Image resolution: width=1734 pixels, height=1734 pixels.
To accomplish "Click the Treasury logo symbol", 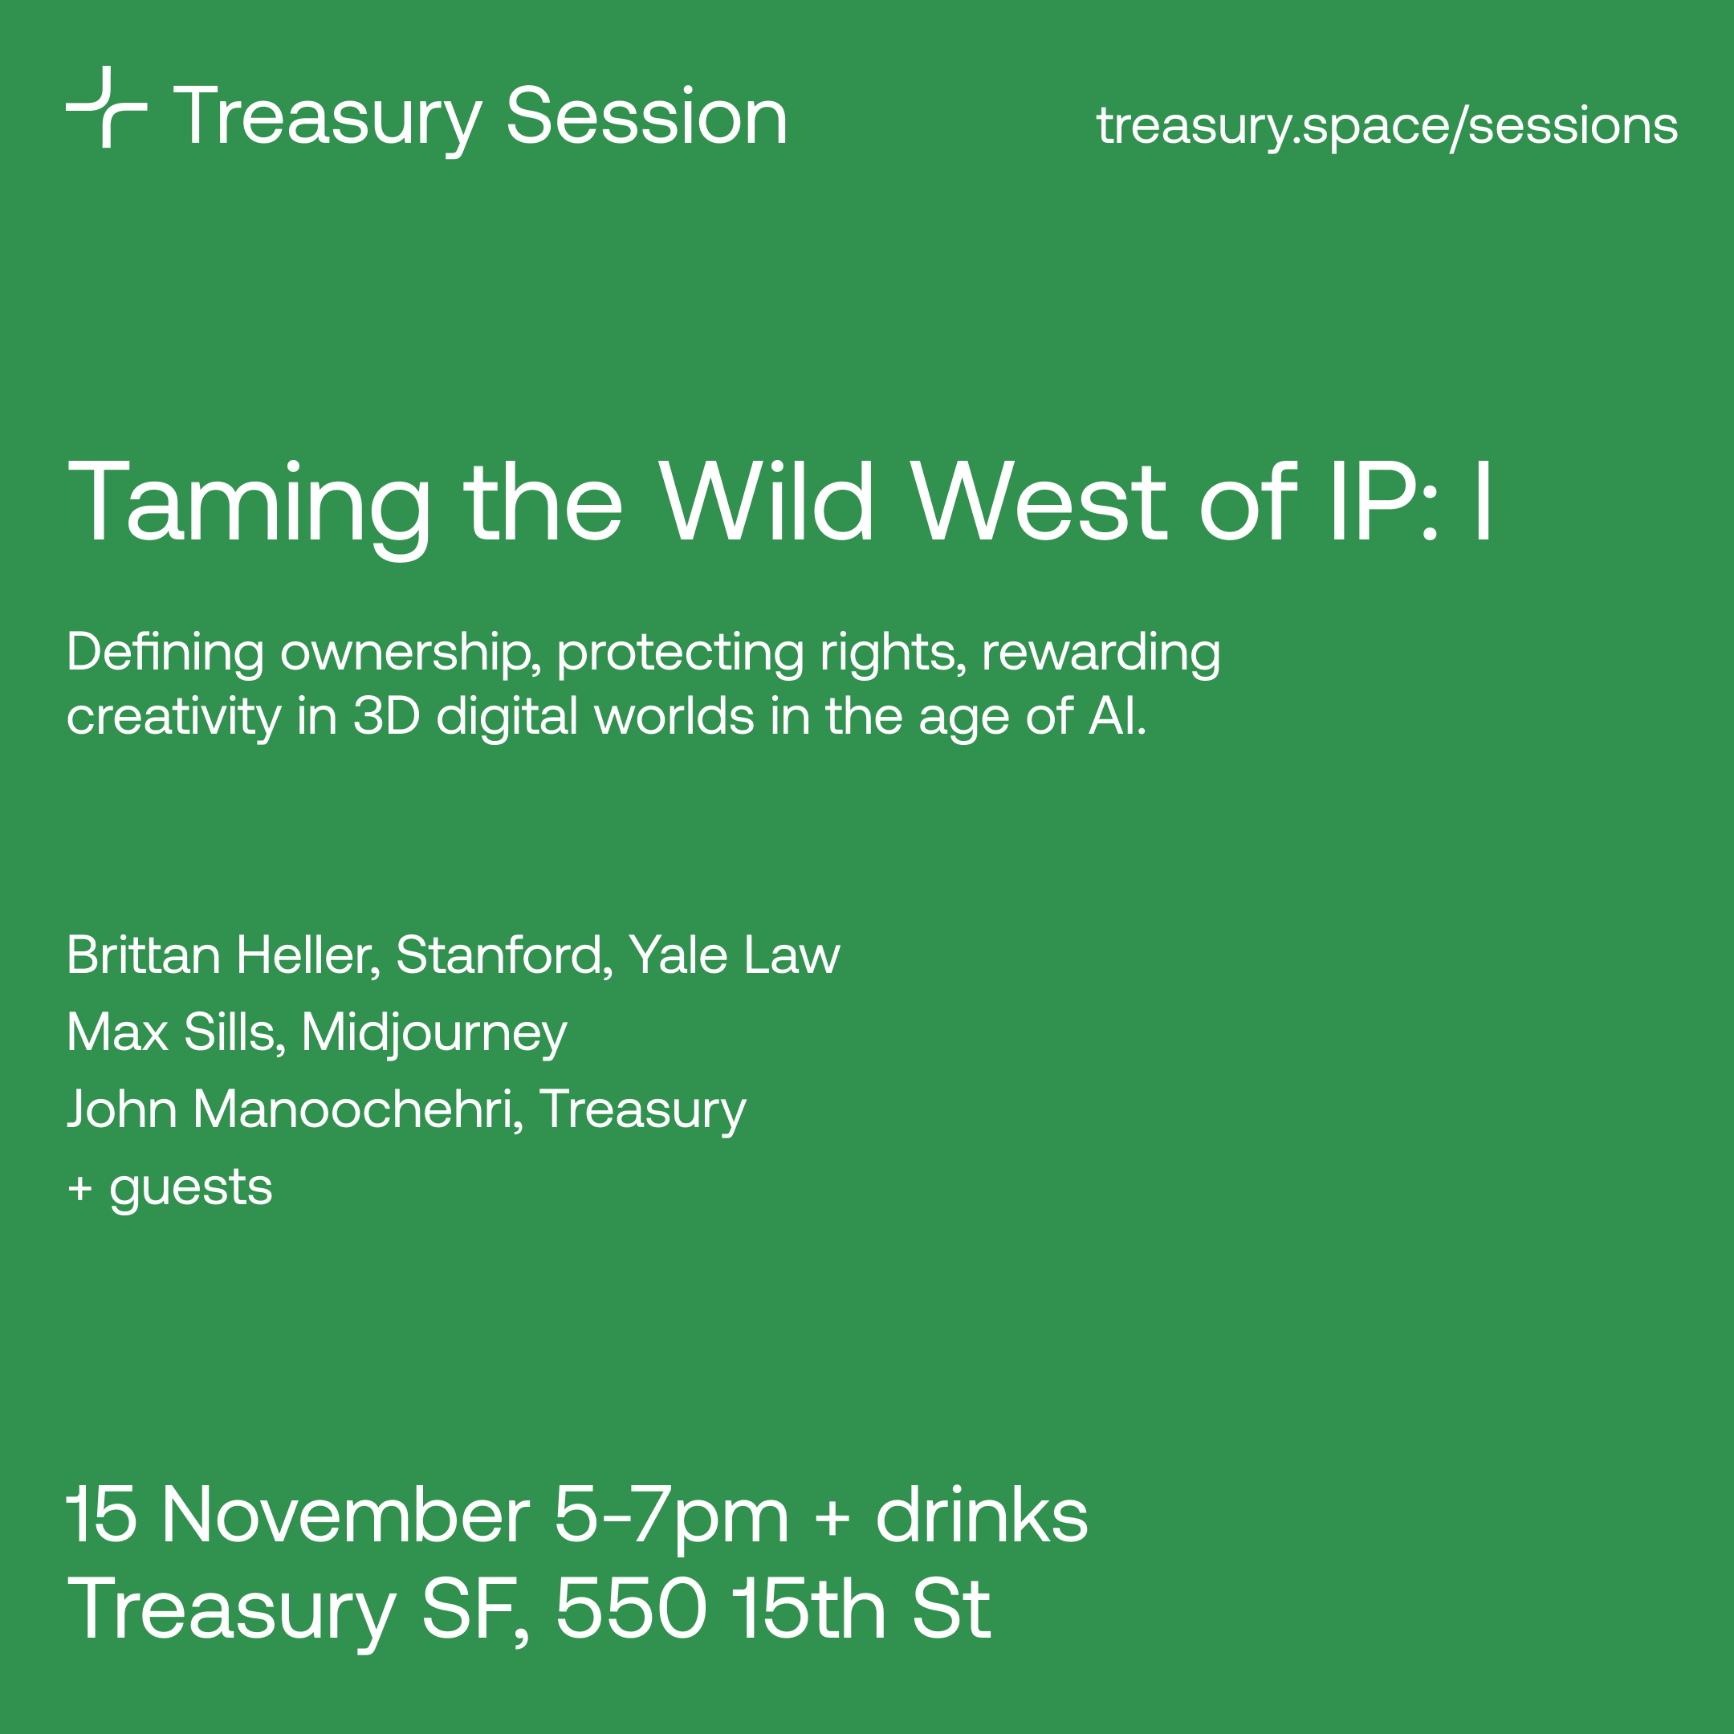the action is click(106, 107).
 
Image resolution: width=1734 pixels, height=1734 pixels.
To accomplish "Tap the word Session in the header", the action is click(647, 116).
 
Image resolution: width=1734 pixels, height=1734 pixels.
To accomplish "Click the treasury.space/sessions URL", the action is click(1386, 127).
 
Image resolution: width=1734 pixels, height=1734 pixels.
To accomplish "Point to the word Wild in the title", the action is click(767, 501).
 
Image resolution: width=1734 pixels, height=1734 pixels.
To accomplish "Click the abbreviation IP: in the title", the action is click(1384, 501).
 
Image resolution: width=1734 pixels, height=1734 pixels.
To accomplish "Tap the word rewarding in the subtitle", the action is click(1101, 653).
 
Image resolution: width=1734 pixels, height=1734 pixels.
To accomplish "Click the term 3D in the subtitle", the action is click(387, 717).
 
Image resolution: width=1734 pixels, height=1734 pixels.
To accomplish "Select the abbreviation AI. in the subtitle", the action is click(1117, 717).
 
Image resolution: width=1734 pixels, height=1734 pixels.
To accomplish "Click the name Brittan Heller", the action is click(223, 955).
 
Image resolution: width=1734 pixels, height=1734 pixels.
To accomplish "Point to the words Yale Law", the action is click(735, 955).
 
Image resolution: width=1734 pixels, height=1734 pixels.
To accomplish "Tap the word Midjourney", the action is click(434, 1034).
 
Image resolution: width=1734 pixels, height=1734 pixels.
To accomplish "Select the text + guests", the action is click(170, 1189).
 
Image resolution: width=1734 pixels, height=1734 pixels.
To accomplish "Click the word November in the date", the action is click(345, 1516).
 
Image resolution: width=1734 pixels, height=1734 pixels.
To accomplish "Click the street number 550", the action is click(631, 1610).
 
